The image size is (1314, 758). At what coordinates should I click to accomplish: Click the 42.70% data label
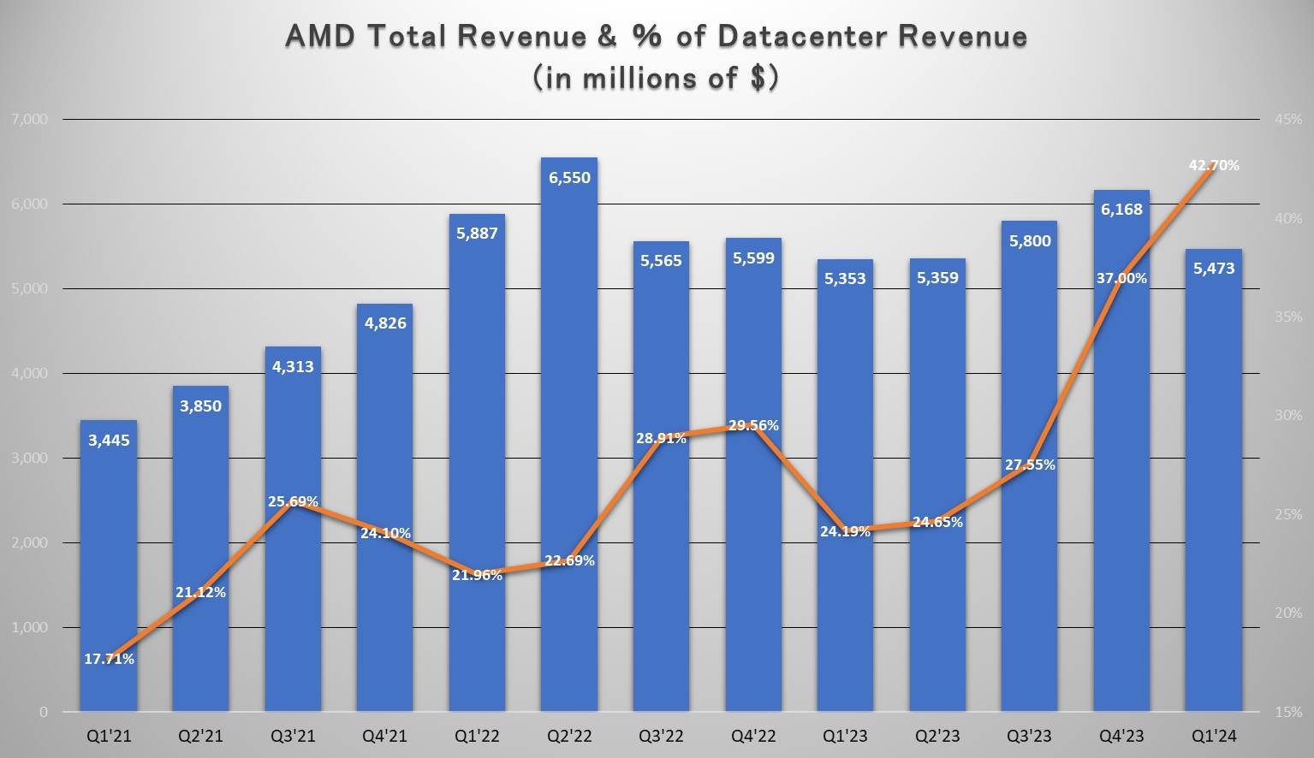point(1214,165)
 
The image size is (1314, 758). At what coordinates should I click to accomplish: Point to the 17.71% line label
point(109,659)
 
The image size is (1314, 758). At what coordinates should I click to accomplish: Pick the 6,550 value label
point(569,178)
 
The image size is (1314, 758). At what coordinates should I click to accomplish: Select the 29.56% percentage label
point(753,425)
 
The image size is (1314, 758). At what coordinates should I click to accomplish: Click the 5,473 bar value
point(1214,269)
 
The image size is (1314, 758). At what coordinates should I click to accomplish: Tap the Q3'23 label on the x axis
point(1030,736)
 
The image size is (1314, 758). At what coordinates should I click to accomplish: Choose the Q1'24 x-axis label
point(1214,736)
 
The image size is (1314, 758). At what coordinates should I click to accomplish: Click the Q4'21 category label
point(384,736)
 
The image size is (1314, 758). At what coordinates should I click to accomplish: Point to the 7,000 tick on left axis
point(29,120)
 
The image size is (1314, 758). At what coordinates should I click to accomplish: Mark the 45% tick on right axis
point(1287,120)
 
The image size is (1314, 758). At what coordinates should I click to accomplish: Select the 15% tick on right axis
point(1287,712)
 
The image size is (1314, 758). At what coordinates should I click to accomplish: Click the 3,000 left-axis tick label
point(29,459)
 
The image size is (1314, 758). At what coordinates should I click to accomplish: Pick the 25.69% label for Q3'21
point(293,501)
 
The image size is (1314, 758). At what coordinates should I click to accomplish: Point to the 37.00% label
point(1121,278)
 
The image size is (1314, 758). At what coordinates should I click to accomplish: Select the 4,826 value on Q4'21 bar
point(385,323)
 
